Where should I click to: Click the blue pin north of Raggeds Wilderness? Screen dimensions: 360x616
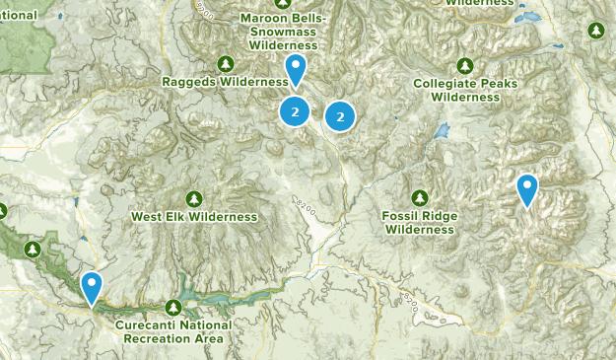[295, 70]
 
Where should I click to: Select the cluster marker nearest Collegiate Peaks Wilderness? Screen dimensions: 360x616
[340, 116]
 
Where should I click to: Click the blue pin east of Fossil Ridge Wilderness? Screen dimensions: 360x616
[527, 188]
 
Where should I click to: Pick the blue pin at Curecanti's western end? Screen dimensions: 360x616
[92, 287]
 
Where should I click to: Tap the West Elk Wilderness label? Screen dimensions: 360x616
[194, 216]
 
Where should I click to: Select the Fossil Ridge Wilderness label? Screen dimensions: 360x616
[420, 222]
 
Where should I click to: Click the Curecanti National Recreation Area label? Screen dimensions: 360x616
[173, 331]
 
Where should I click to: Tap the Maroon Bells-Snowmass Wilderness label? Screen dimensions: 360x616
[284, 32]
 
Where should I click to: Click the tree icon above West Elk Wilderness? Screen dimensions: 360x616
[194, 198]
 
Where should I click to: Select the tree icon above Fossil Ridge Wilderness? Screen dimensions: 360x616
[420, 197]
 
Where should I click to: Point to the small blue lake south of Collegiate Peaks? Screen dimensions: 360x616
[443, 130]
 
